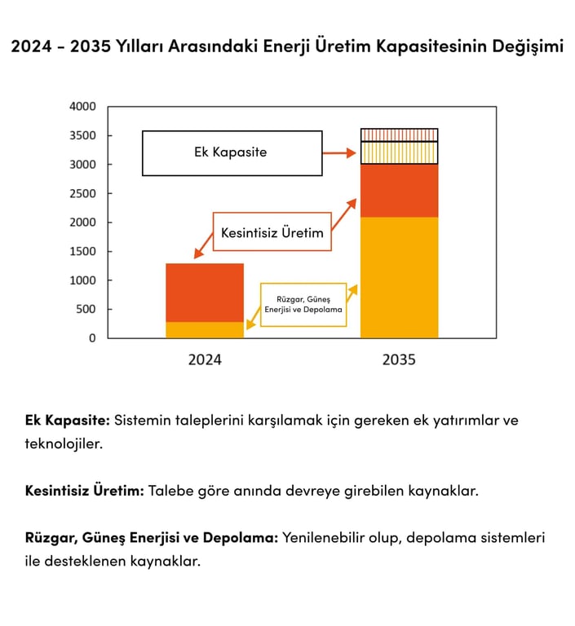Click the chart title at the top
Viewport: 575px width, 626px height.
[x=287, y=46]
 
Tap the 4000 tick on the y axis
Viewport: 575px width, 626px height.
[x=82, y=107]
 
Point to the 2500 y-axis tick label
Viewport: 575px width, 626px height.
[x=82, y=193]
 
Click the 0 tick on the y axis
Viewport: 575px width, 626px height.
[x=91, y=337]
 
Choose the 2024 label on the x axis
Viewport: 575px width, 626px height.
[x=205, y=359]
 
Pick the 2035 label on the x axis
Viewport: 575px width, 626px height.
[x=399, y=359]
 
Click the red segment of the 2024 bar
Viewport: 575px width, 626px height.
[x=205, y=293]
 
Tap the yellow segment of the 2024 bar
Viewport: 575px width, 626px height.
[x=205, y=330]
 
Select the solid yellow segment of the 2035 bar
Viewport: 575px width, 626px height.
[x=399, y=277]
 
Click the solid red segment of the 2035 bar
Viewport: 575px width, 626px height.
[x=399, y=191]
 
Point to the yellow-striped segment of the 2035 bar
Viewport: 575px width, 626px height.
[x=399, y=152]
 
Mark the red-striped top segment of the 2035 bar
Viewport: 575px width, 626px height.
[x=399, y=134]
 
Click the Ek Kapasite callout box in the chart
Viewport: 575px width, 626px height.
[x=232, y=152]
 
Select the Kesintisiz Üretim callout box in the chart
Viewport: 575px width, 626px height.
[x=272, y=231]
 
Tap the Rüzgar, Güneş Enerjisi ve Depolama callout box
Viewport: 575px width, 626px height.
[x=303, y=305]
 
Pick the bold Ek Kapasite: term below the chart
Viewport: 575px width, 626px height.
[x=68, y=421]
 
